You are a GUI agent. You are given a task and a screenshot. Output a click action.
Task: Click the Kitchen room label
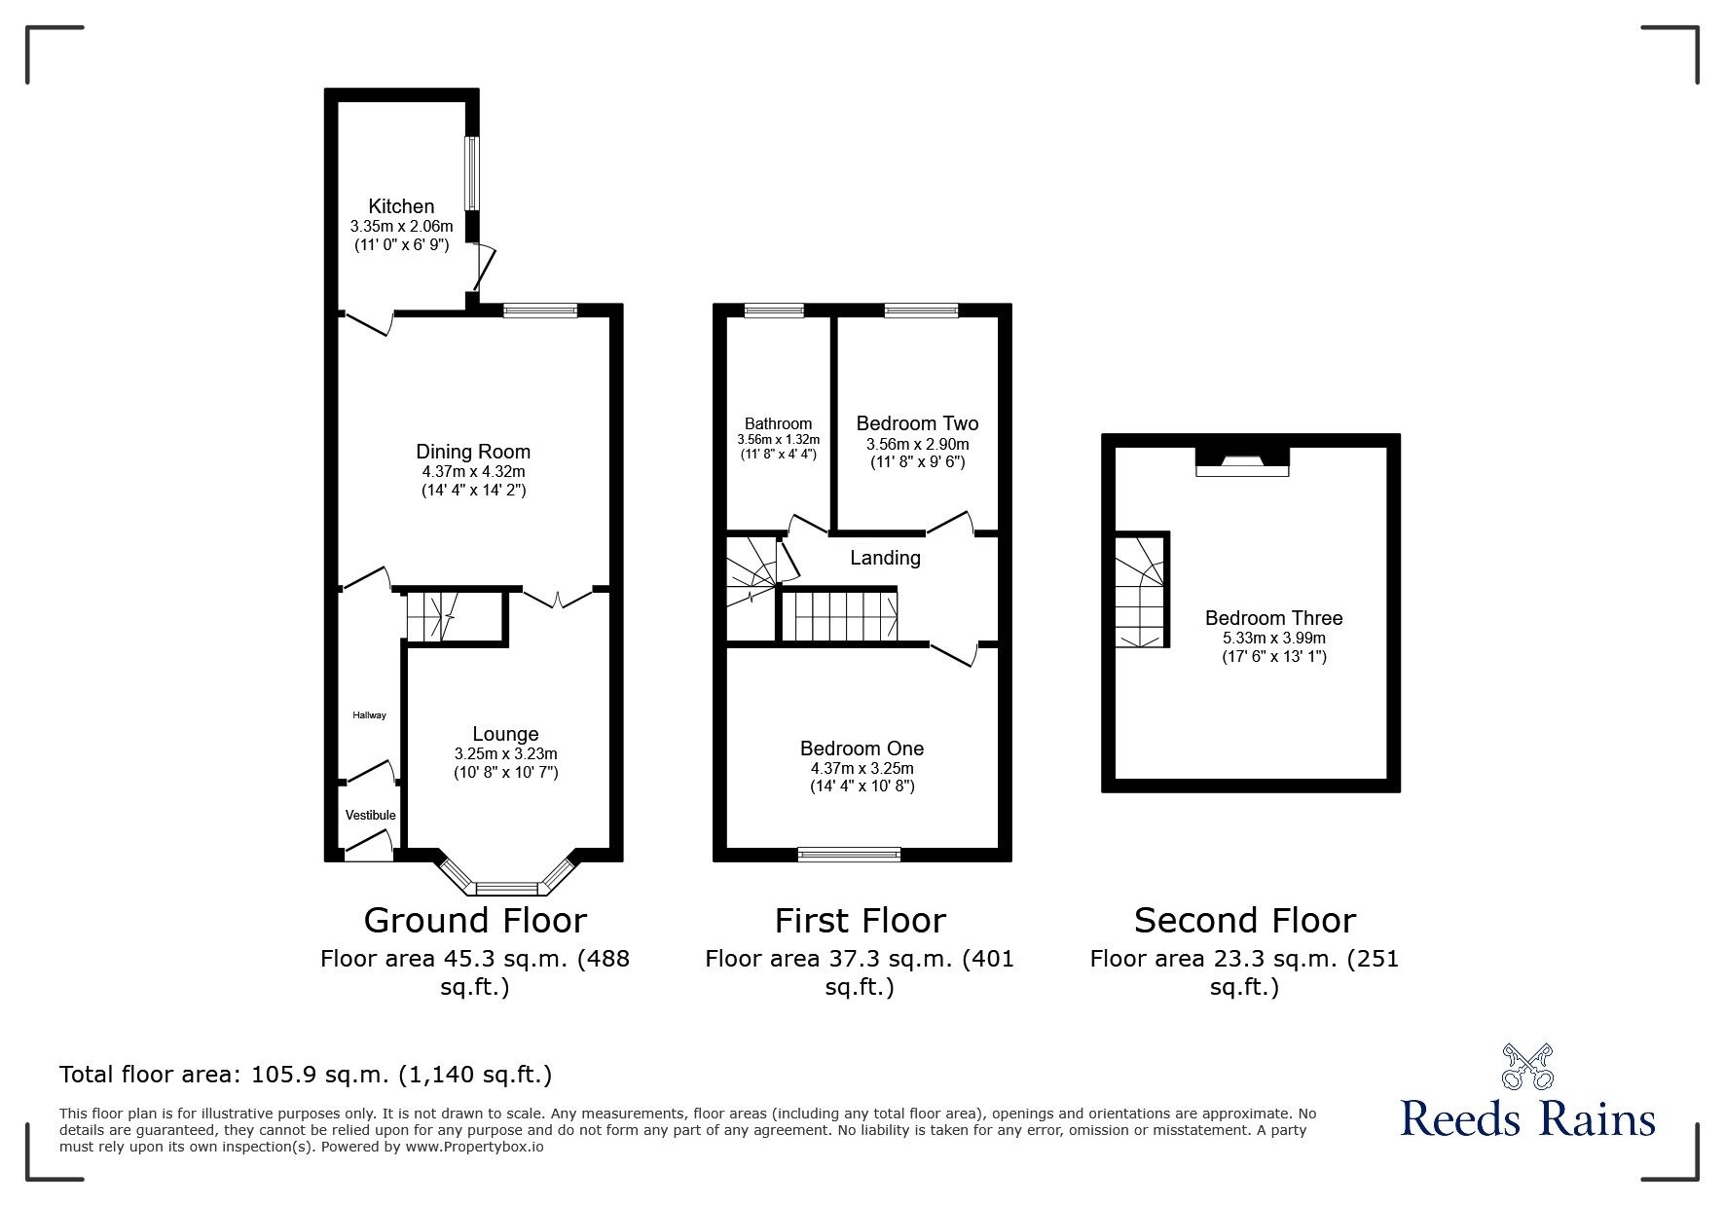401,206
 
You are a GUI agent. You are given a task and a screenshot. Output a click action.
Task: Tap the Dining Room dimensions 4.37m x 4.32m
472,471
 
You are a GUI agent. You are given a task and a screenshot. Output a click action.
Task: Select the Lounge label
505,734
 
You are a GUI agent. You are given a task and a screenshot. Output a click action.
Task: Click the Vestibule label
370,815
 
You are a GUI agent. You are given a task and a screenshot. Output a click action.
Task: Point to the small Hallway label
369,715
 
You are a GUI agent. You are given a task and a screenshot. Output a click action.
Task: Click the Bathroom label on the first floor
778,423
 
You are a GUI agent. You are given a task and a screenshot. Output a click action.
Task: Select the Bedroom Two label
917,423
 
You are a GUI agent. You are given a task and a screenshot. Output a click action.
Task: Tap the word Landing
885,558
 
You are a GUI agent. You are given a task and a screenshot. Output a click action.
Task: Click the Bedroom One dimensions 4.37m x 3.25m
862,768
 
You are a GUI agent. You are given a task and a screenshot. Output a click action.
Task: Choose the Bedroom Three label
1273,618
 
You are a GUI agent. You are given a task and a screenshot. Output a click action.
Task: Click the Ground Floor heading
475,920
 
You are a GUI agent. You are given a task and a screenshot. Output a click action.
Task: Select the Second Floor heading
1244,920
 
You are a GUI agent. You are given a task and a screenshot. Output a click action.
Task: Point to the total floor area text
306,1075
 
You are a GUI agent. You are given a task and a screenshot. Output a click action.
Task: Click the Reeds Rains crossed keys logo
1527,1067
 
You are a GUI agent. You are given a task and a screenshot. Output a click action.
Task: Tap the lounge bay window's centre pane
505,888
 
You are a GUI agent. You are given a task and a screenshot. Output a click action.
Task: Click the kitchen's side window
471,173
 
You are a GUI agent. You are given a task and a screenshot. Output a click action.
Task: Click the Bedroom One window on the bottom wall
849,855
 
